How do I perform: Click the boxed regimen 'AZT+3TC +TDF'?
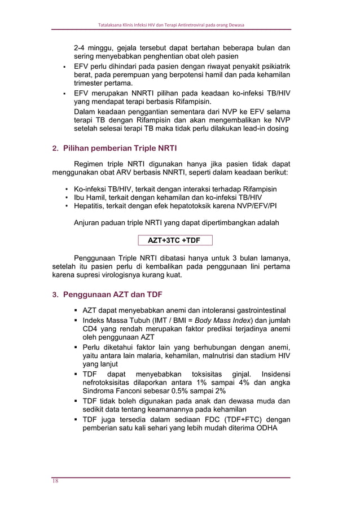(175, 240)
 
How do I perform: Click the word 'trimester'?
(92, 84)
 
